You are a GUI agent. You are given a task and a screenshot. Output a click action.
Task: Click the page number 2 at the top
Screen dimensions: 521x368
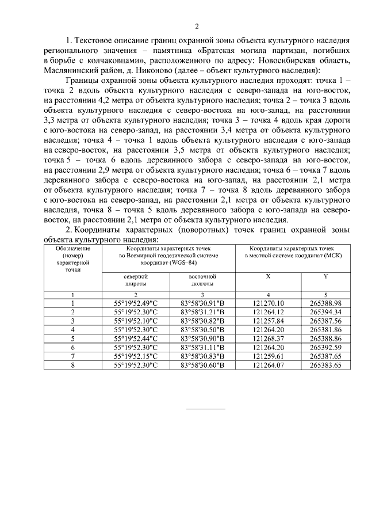[197, 26]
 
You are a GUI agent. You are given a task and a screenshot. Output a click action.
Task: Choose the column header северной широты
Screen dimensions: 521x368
[136, 280]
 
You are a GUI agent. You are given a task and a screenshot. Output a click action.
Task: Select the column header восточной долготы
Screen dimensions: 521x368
[202, 280]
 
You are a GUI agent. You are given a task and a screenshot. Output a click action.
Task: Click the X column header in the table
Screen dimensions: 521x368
[268, 276]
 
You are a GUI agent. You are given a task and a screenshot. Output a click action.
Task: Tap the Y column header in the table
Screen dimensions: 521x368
[326, 276]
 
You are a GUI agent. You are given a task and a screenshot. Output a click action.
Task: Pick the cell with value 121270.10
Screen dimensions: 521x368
[268, 303]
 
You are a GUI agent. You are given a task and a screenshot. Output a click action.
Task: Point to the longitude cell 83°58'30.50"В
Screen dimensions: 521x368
[202, 329]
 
